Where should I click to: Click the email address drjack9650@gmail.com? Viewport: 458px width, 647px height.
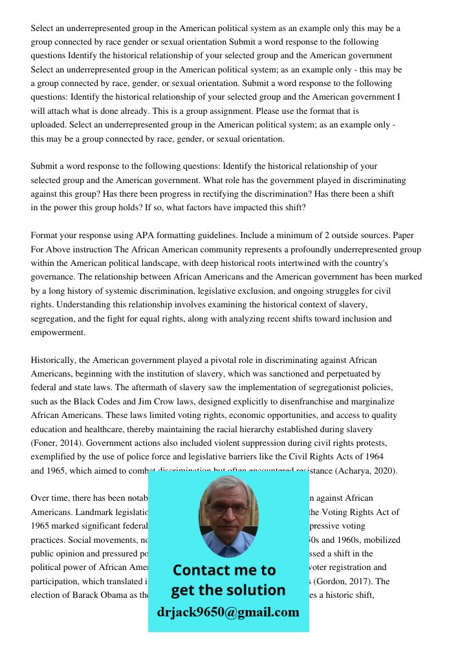[x=228, y=612]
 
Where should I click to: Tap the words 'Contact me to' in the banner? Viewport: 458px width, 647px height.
[x=224, y=570]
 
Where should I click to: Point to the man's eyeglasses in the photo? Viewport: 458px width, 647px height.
[x=228, y=509]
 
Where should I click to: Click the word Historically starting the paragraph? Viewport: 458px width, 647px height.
[x=54, y=360]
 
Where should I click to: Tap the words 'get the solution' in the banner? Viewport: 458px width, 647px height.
[x=228, y=590]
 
